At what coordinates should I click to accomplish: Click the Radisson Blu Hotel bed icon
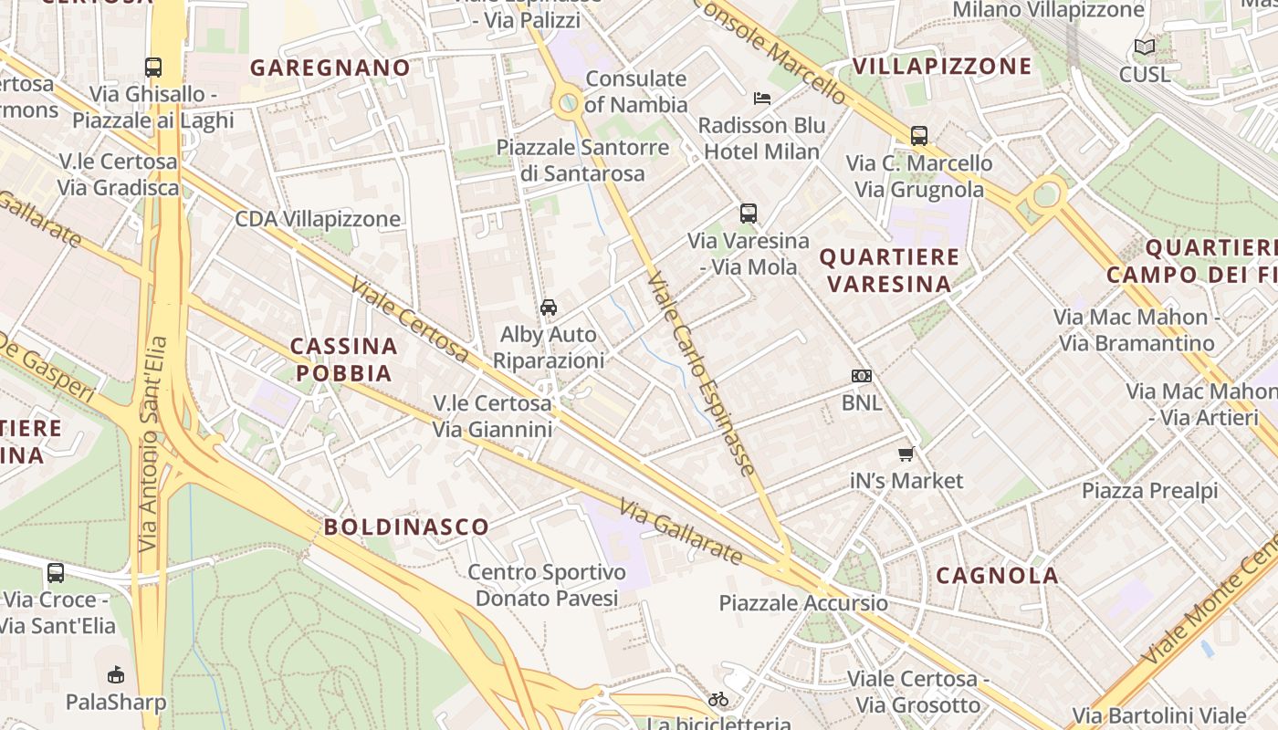[762, 98]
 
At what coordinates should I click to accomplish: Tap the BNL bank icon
[861, 376]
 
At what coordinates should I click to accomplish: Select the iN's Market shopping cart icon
[906, 454]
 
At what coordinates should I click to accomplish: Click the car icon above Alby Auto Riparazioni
[549, 307]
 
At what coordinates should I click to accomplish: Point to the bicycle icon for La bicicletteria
[718, 699]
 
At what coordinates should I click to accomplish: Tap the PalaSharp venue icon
[116, 675]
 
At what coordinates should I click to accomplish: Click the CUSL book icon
[1144, 47]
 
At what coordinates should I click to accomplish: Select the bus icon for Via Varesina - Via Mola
[749, 214]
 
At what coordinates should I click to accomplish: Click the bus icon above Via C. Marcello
[919, 136]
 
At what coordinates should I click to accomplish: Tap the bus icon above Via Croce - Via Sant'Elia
[56, 573]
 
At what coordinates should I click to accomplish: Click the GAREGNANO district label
[330, 68]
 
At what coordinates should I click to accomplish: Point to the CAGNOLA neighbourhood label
[997, 576]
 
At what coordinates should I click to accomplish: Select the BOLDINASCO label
[406, 527]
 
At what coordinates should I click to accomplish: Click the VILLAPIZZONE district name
[942, 66]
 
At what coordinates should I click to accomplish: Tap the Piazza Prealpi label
[1149, 491]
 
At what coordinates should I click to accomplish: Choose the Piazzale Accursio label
[802, 603]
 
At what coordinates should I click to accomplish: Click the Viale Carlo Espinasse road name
[701, 372]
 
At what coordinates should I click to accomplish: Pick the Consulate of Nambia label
[636, 91]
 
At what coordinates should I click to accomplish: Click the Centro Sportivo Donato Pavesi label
[547, 585]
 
